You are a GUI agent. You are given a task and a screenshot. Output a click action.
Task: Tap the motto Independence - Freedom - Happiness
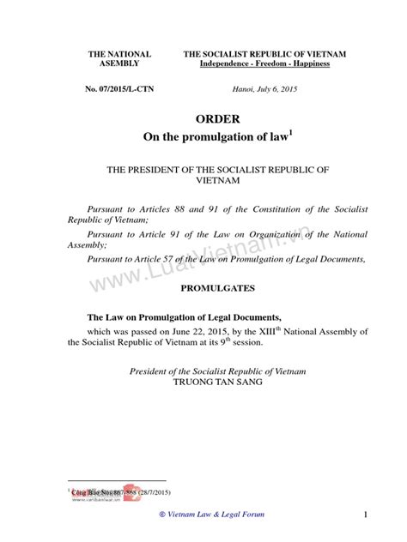pos(264,65)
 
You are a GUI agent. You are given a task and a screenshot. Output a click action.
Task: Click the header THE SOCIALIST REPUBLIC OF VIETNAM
pos(264,54)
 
